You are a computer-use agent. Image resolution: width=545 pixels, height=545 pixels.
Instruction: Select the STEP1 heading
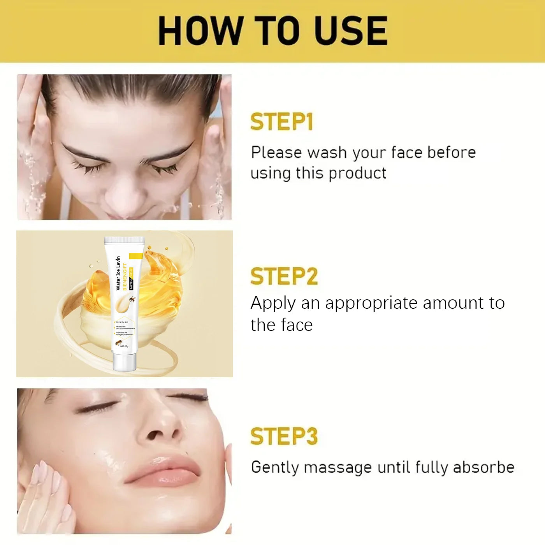click(281, 122)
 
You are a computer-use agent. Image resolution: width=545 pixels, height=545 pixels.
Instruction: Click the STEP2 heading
click(284, 276)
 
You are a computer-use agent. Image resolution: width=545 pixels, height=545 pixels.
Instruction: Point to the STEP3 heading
click(284, 436)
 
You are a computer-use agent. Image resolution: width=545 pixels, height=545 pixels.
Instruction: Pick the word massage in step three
click(338, 468)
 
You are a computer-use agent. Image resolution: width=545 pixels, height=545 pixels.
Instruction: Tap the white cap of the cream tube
click(124, 362)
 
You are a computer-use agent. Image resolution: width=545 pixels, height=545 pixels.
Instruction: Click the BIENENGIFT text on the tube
click(125, 277)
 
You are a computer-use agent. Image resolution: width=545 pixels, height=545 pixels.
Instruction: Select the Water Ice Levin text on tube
click(118, 273)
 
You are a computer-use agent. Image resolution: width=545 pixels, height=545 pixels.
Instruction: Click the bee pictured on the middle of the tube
click(132, 300)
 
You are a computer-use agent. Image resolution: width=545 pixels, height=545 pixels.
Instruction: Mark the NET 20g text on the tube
click(124, 346)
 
